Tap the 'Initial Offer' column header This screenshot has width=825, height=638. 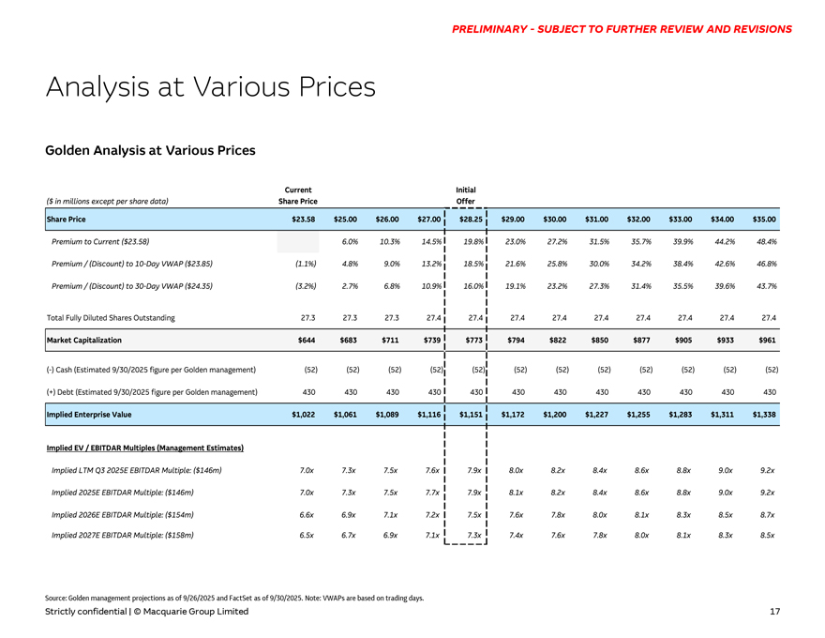[466, 194]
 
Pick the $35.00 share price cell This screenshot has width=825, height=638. [765, 219]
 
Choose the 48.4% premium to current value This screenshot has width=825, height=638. [765, 241]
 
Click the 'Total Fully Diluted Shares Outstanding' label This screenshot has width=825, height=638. [110, 318]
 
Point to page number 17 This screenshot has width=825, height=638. [774, 612]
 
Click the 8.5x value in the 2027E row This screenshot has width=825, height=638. [768, 535]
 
